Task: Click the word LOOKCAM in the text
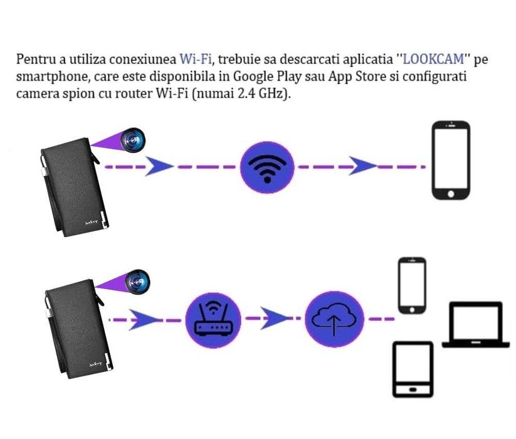point(433,61)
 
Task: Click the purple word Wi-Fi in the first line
point(195,61)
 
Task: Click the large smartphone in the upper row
point(450,161)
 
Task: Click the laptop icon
point(476,324)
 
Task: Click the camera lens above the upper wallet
point(133,137)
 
